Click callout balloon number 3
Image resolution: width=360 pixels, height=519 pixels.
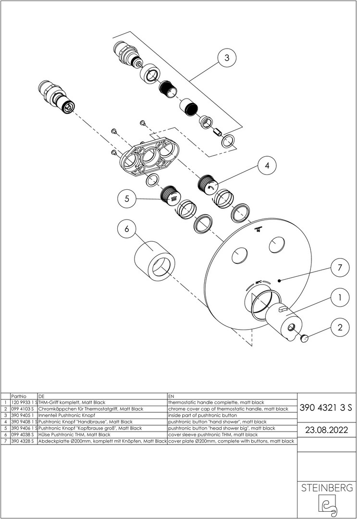click(226, 58)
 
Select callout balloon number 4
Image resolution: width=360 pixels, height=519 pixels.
click(267, 165)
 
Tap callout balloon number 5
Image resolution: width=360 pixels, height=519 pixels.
click(127, 198)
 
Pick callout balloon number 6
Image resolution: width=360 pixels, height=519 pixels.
click(127, 229)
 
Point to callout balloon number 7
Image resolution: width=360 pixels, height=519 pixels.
click(340, 268)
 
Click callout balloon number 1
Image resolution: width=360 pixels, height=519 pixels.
click(340, 297)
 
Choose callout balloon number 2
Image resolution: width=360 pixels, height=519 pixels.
click(340, 328)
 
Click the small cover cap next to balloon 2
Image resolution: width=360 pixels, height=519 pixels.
click(304, 338)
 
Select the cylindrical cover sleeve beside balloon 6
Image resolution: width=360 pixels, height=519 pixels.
click(155, 261)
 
